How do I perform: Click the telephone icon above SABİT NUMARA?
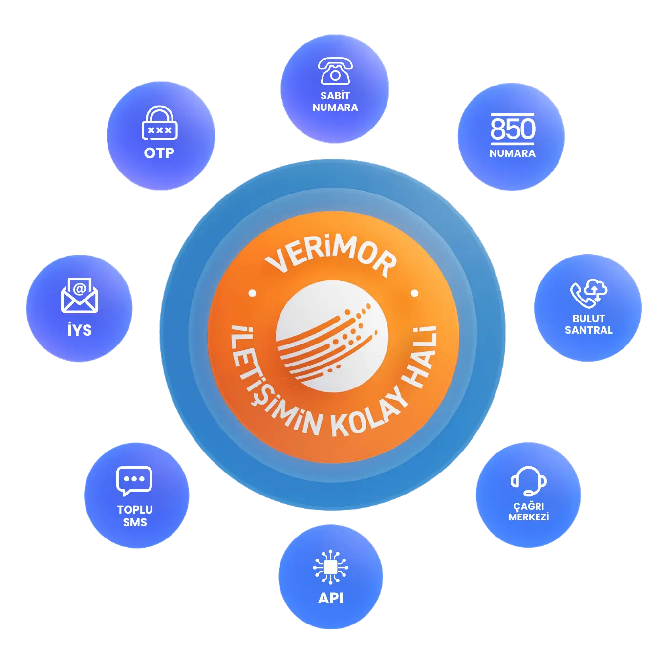335,71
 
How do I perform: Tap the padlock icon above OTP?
159,123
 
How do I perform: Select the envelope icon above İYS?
79,296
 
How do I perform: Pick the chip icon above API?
331,567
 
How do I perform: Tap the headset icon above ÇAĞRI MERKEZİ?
528,481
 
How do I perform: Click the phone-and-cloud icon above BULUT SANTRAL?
589,293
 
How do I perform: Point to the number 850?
513,129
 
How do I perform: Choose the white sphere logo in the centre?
332,337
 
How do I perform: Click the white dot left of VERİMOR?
252,293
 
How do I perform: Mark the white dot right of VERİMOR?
415,293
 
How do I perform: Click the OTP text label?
159,153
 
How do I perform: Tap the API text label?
331,598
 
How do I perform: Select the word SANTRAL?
589,330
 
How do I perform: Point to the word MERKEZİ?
529,517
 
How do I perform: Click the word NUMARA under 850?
513,153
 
